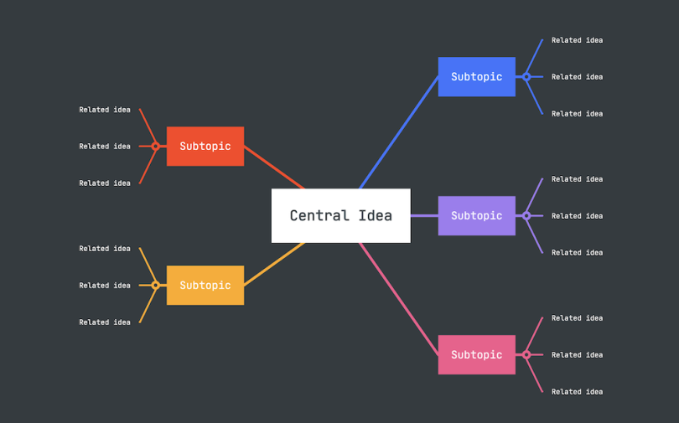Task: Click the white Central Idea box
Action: pos(340,215)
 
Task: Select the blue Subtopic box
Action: pos(476,77)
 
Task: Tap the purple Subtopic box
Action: pos(476,216)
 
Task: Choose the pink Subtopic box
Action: pos(476,354)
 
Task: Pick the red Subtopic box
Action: pos(205,147)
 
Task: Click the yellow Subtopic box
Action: pos(205,286)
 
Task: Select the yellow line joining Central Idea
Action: pos(274,263)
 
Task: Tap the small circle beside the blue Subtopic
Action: pos(526,77)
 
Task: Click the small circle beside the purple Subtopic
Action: pos(526,216)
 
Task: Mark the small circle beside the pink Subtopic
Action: pos(526,354)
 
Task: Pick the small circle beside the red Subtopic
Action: pos(155,147)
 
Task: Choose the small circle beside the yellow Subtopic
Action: pos(155,286)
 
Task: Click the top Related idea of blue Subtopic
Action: pos(577,40)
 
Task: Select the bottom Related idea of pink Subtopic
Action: pos(577,391)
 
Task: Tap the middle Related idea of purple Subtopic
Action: pos(577,216)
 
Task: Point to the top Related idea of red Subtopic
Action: pos(105,110)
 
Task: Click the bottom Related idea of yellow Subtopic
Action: pos(105,322)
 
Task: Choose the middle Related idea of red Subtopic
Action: pos(105,147)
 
